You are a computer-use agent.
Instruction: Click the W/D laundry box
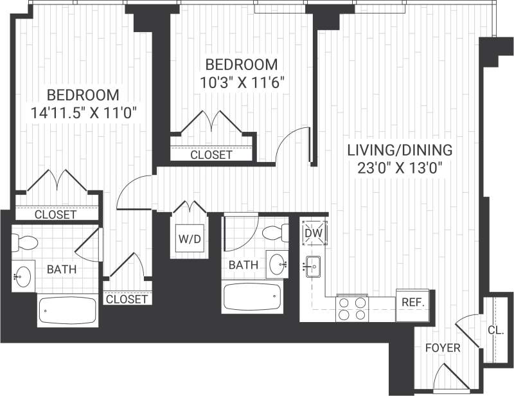pos(190,239)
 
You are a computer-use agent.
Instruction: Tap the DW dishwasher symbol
pos(315,233)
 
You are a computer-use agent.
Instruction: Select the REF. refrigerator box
pos(411,301)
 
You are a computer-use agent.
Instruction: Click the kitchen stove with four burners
pos(352,308)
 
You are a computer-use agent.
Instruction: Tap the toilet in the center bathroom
pos(278,232)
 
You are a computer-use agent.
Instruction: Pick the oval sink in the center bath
pos(278,263)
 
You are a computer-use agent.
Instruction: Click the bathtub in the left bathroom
pos(67,311)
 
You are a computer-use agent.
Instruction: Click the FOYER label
pos(443,348)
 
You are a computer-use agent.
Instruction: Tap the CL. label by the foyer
pos(495,330)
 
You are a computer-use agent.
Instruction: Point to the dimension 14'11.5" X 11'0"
pos(84,112)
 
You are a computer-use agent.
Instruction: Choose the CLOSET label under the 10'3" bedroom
pos(211,155)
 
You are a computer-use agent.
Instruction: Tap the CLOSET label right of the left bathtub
pos(127,299)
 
